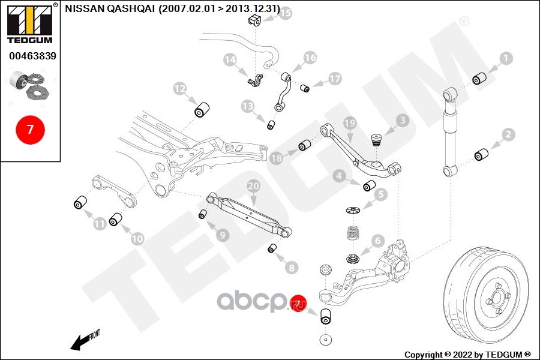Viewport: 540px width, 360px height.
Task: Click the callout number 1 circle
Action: click(x=506, y=58)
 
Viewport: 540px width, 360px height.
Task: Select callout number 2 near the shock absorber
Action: click(x=509, y=134)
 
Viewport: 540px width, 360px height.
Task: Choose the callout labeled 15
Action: click(x=285, y=13)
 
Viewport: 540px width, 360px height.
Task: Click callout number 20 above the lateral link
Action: click(x=253, y=187)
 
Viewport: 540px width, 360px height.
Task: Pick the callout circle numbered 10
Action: click(x=137, y=238)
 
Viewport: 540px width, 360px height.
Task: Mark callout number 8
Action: click(x=292, y=268)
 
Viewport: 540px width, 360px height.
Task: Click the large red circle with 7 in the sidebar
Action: click(x=30, y=129)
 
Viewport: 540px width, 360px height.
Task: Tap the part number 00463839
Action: click(x=32, y=56)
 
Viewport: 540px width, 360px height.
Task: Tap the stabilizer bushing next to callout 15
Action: click(x=253, y=20)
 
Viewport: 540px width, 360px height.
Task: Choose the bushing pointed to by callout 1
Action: click(x=479, y=79)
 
